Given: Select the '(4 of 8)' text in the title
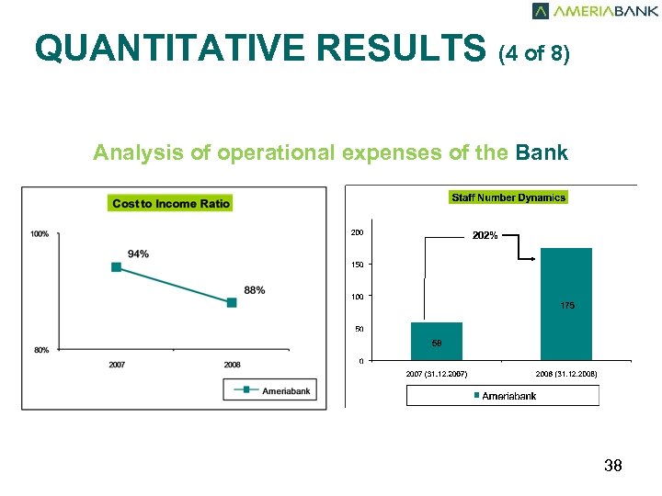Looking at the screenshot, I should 534,53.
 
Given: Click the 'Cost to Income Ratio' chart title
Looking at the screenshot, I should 171,203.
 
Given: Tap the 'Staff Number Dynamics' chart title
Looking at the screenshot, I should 508,197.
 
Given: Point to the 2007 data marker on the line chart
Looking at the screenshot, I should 117,267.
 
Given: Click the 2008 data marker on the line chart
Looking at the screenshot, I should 232,302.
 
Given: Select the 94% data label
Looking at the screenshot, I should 139,254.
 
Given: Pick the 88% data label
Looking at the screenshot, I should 255,290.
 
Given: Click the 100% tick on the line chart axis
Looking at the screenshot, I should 40,234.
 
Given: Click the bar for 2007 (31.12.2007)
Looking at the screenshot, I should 437,341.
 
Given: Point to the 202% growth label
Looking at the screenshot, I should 485,236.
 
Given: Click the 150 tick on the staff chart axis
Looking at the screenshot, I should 357,265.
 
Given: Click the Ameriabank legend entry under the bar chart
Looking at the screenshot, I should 504,396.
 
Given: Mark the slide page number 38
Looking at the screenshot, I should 613,467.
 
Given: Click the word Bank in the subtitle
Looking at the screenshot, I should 542,152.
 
